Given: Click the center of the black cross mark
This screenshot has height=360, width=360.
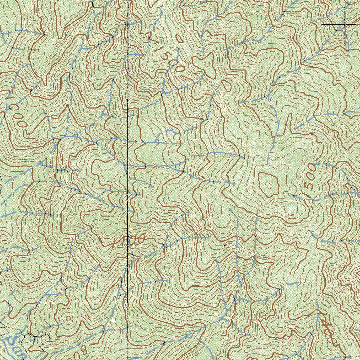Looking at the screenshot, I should point(345,24).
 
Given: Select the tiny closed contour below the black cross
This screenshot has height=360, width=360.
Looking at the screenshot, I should point(337,60).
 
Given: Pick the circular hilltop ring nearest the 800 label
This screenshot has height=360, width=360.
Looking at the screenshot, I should point(67,318).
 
